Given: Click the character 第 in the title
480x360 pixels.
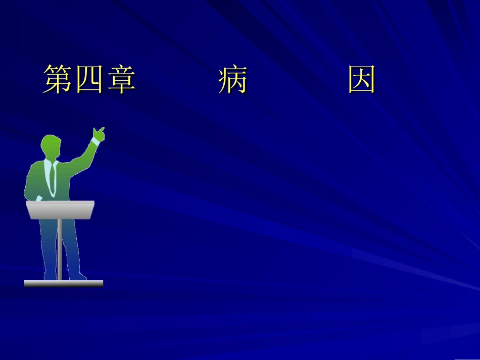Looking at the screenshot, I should point(58,80).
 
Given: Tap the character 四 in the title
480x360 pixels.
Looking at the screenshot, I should point(89,80).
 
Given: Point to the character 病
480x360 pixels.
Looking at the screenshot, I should point(232,80).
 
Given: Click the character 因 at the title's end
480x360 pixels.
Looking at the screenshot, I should point(362,80).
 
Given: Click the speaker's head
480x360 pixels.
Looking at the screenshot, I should point(52,147).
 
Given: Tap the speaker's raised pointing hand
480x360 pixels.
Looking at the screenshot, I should point(98,134).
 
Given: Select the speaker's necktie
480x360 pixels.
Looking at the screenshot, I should point(53,179).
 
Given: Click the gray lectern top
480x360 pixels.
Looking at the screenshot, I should point(61,209).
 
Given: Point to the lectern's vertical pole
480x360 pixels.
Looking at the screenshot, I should point(60,247).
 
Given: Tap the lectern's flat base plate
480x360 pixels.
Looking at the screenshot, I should point(63,283).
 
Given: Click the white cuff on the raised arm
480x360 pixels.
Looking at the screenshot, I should point(93,142).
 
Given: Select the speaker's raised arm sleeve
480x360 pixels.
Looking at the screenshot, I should point(81,159).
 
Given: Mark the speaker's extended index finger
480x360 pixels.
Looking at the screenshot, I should point(102,129).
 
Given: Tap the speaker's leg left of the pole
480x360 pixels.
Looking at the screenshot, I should point(50,247).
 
